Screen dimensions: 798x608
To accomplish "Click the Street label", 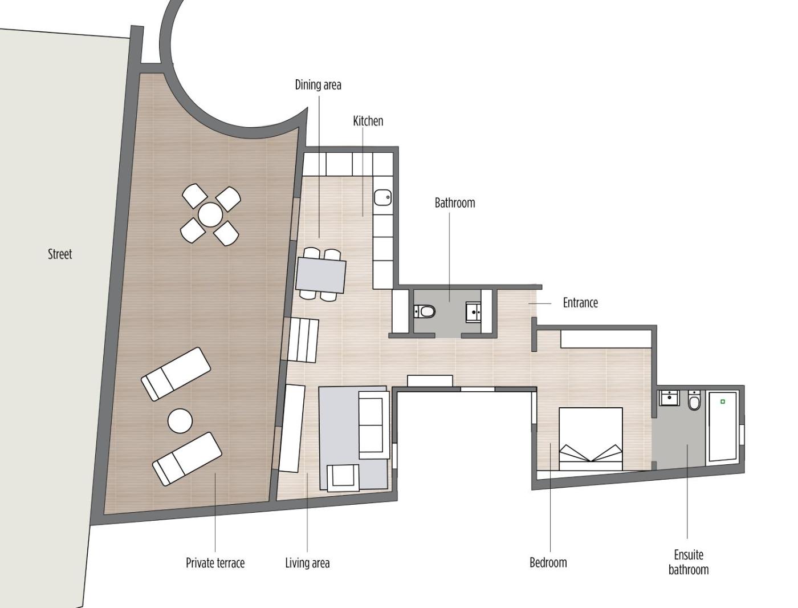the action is tap(60, 254).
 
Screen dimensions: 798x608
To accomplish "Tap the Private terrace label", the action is tap(215, 563).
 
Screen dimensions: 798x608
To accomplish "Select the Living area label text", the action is tap(307, 563).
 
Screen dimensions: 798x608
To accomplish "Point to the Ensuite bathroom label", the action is tap(689, 562).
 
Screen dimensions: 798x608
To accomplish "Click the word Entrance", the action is tap(580, 302).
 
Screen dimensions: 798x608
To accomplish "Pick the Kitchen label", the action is tap(368, 121).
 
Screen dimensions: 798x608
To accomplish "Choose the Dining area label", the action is tap(318, 85).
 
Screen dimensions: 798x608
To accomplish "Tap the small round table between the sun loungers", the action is tap(180, 421).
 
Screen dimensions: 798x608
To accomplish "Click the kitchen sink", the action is tap(383, 198).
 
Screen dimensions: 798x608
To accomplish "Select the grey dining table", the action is tap(321, 274).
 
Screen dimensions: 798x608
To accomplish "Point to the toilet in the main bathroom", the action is tap(424, 311).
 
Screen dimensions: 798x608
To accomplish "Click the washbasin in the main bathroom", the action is tap(473, 312).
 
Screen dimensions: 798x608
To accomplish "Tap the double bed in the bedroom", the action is tap(591, 439).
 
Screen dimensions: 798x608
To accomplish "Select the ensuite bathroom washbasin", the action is tap(669, 398).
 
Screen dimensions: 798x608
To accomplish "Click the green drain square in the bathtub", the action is tap(723, 402).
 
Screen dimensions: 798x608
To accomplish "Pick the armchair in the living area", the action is tap(343, 478).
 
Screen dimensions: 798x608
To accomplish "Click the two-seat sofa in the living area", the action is tap(374, 425).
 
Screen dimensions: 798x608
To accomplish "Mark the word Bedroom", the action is tap(548, 562).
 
